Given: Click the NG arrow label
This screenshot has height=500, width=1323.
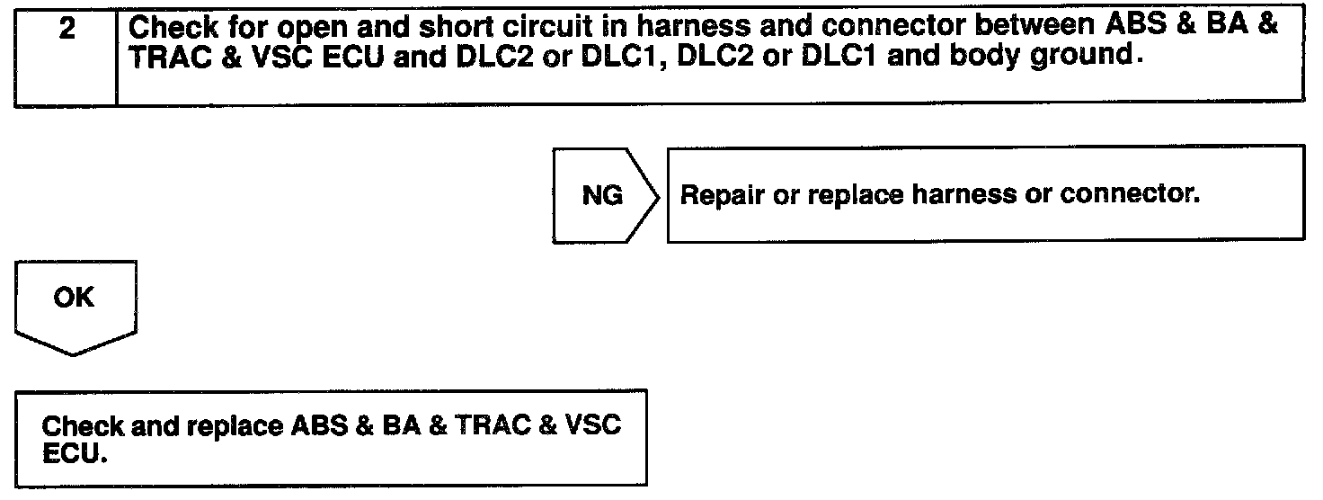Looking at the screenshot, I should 602,195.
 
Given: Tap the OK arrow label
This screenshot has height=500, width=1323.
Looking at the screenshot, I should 75,298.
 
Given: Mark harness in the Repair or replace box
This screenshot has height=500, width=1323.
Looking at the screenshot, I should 970,195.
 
